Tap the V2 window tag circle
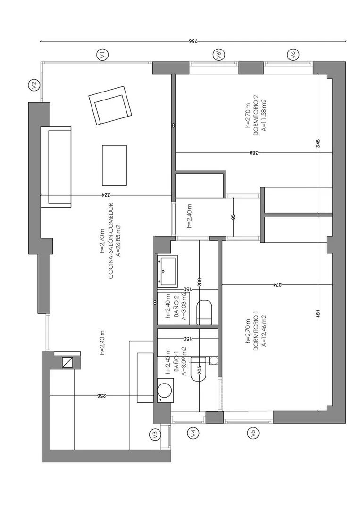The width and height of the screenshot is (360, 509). [34, 85]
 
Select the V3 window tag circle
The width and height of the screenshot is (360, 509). [155, 434]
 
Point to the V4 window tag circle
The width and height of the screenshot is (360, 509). [193, 433]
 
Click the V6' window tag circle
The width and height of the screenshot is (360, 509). [218, 54]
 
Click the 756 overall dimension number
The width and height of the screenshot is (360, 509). [193, 41]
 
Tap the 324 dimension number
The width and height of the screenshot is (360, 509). [107, 195]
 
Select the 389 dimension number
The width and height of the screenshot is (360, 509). [254, 153]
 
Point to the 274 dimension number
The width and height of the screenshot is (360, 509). [277, 284]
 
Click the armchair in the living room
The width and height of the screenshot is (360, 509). [110, 106]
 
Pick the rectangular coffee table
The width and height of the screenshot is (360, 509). [114, 165]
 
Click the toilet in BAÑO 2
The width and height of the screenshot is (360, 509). [204, 312]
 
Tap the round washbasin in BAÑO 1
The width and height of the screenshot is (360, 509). [165, 391]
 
